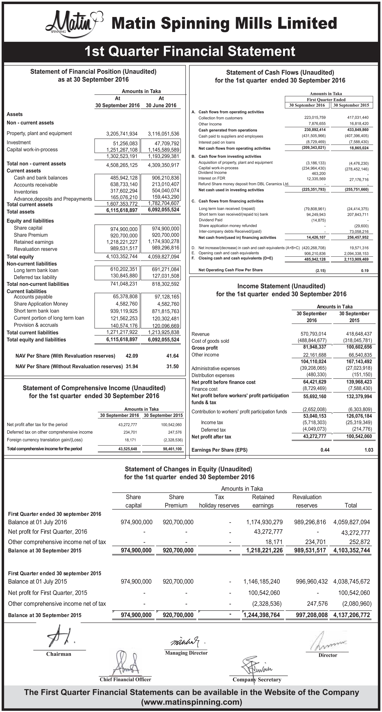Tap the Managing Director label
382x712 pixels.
point(186,653)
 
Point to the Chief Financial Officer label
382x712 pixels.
point(125,679)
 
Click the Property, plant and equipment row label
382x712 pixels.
point(39,133)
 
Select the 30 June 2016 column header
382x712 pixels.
point(161,105)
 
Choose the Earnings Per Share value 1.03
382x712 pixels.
point(369,450)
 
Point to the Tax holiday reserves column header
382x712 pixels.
point(219,501)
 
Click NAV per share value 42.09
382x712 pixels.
point(132,356)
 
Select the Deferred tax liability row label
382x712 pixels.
point(35,277)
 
